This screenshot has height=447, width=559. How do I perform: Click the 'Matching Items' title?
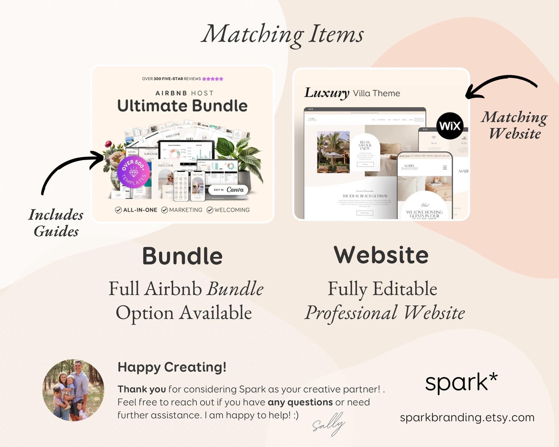pos(283,34)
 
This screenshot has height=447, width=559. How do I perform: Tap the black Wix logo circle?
pos(450,126)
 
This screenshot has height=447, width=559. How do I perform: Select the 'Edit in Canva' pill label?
pos(229,190)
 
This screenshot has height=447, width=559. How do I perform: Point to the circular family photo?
pos(73,390)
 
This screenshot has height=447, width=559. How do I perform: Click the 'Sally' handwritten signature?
pos(328,425)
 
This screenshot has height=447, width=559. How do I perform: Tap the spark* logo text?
pos(461,382)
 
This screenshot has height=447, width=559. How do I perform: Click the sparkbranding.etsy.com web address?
pos(467,418)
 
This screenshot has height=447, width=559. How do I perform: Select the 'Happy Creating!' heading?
pos(172,367)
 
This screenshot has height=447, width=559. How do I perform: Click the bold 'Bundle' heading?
pos(182,256)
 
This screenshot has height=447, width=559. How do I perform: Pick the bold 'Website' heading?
pos(381,255)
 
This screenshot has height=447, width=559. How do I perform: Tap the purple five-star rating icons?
pos(213,79)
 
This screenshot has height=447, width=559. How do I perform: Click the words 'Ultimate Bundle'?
pos(182,106)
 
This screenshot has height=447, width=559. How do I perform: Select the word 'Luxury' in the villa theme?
pos(327,93)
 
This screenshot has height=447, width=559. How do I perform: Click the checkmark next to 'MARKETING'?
pos(164,210)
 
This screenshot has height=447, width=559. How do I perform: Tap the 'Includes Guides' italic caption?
pos(56,223)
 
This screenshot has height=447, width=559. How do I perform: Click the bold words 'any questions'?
pos(300,402)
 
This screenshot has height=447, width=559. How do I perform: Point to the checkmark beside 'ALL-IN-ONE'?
pos(118,210)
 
